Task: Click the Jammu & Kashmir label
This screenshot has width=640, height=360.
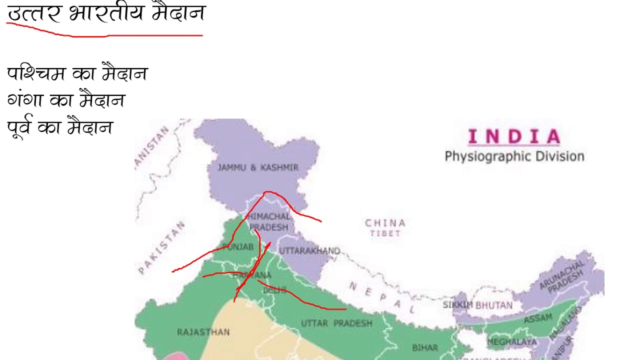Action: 258,168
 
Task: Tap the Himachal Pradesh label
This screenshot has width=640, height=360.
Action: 269,222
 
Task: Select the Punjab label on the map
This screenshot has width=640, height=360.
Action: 238,247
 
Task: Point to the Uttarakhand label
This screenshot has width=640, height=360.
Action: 309,251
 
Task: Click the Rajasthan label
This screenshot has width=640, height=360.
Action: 203,332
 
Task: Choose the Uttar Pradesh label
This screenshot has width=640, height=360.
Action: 336,323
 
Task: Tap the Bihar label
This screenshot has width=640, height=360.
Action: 425,347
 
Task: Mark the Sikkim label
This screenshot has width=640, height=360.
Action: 457,304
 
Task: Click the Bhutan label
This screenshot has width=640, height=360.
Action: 493,305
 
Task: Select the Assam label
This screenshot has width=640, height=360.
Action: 538,318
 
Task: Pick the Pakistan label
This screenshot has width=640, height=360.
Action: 161,248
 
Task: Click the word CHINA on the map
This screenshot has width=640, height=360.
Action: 385,223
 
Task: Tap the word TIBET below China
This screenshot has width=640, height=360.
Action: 385,233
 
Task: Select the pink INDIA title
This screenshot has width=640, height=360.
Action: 514,136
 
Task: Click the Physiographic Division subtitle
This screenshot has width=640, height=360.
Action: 514,156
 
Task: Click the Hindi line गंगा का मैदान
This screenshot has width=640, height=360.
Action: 66,100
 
